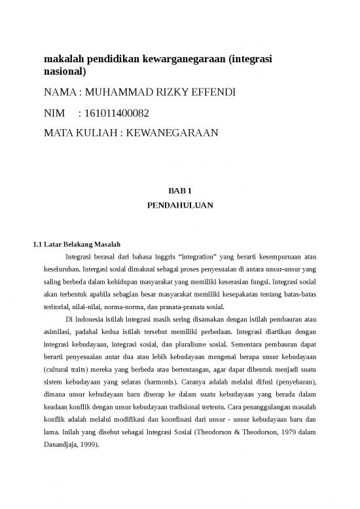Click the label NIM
(54, 113)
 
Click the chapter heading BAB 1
(179, 191)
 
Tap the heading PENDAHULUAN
(179, 205)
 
